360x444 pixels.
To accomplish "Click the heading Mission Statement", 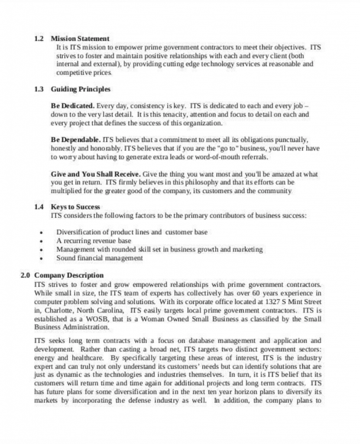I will [x=80, y=39].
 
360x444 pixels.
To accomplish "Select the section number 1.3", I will [x=39, y=89].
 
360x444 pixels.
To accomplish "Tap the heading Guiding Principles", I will [x=81, y=89].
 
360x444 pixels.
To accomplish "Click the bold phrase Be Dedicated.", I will [x=72, y=106].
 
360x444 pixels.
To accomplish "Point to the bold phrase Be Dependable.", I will [x=76, y=140].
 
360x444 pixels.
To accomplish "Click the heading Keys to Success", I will [x=75, y=207].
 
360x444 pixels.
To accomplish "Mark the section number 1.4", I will [x=39, y=207].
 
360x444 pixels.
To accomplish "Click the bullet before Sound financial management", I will [x=41, y=258].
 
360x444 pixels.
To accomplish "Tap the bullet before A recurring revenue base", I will [x=41, y=241].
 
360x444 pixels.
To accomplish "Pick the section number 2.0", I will [x=26, y=275].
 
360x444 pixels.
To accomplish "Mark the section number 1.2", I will [x=39, y=39].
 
